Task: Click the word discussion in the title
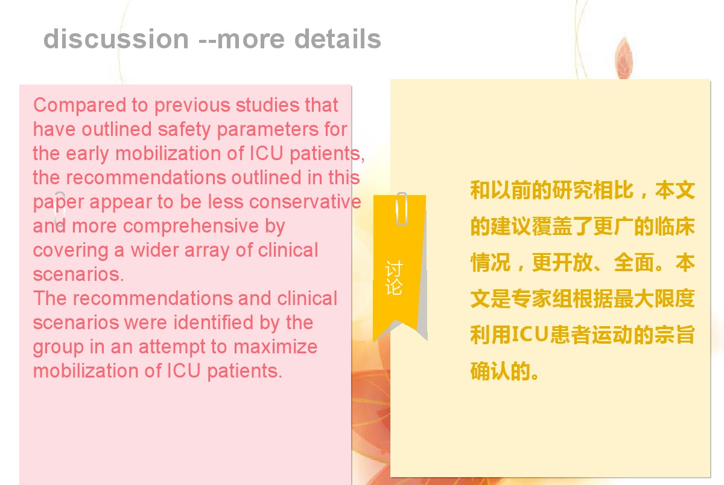point(116,39)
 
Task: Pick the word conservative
point(305,202)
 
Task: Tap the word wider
point(154,250)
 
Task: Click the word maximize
point(275,347)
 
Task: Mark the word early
point(87,154)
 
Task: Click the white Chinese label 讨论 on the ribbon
point(394,278)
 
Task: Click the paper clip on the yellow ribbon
point(401,209)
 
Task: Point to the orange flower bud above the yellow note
point(623,58)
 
